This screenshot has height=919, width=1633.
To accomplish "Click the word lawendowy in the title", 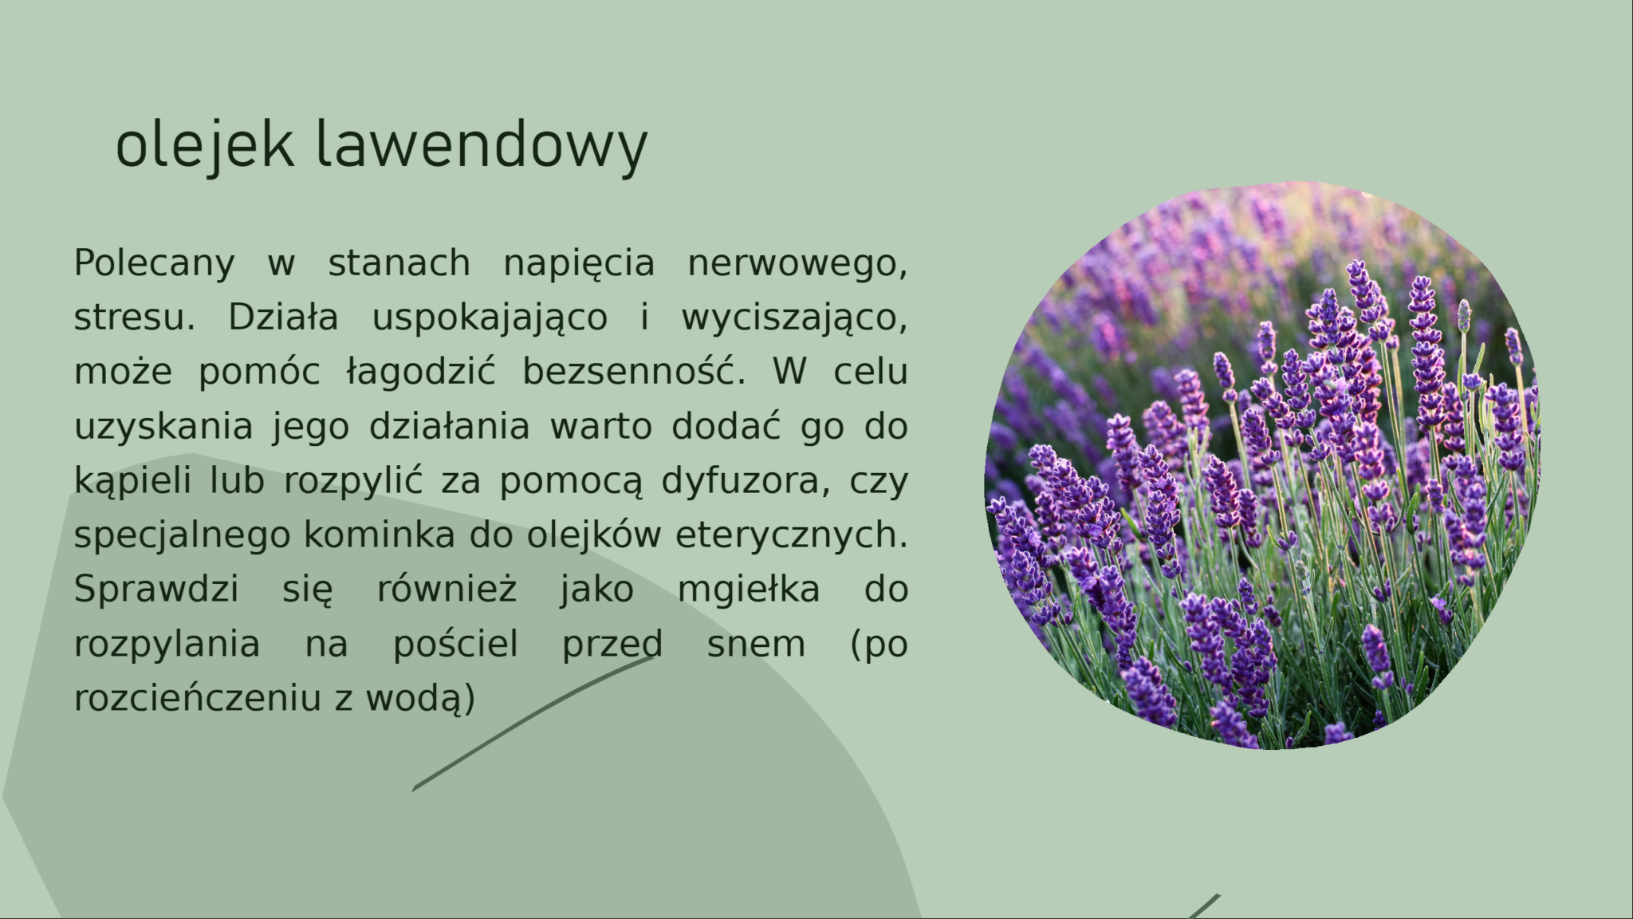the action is pos(482,144).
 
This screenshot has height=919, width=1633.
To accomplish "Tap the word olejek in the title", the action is pos(204,144).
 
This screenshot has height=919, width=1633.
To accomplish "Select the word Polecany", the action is pos(155,263).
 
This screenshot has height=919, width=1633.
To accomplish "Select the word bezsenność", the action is pos(634,372).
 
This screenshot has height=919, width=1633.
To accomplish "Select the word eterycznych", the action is pos(792,535).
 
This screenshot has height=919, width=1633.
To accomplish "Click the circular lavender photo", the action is pos(1262,466).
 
